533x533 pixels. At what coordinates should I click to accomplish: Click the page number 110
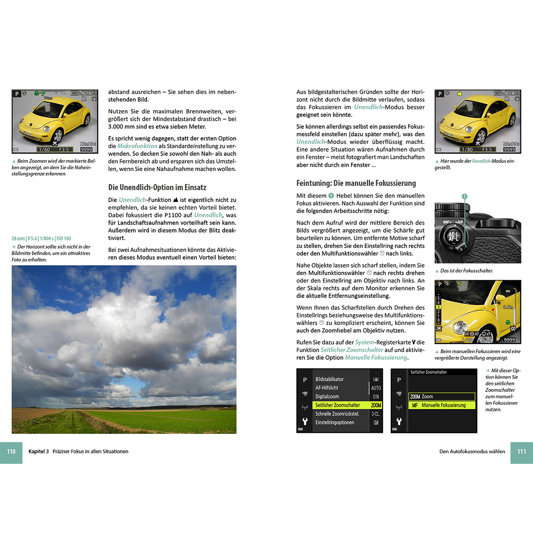[11, 452]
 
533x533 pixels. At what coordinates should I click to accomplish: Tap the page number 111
[521, 452]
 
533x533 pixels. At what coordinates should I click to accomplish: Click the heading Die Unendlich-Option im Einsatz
[157, 187]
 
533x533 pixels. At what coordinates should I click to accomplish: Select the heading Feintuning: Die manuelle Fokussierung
[356, 183]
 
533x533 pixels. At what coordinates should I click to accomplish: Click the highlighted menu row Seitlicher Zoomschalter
[338, 405]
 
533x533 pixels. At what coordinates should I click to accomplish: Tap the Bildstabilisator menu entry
[329, 379]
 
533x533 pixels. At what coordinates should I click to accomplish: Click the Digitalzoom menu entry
[327, 397]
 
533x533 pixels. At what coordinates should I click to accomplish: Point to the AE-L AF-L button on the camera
[453, 236]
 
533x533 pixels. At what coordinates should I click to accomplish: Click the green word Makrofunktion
[137, 146]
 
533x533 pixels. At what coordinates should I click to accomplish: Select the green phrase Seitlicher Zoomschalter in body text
[352, 350]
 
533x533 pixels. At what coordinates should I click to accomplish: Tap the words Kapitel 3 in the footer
[39, 452]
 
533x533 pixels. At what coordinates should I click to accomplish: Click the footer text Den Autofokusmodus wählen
[472, 452]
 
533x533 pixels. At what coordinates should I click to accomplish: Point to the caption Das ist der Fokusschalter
[466, 270]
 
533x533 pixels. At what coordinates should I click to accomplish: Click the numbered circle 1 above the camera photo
[464, 196]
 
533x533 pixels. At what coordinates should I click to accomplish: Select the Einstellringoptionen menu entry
[334, 422]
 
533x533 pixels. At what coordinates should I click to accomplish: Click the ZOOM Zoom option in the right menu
[422, 397]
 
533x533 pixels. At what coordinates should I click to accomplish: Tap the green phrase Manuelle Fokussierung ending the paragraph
[376, 358]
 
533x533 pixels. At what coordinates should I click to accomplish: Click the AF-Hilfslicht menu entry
[326, 388]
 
